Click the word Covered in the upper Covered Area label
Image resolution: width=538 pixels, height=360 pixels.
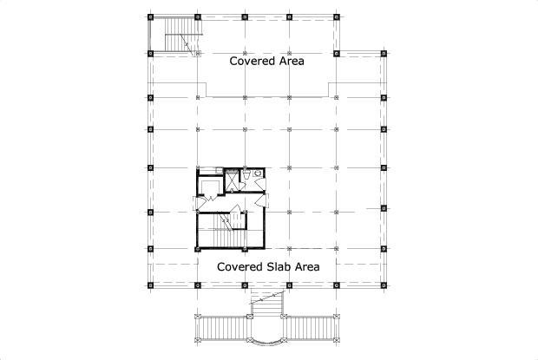(x=253, y=61)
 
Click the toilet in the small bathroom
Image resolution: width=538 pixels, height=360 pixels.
(x=246, y=174)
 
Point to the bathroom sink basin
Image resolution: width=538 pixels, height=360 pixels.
(x=257, y=173)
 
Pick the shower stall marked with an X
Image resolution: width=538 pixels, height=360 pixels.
(x=232, y=180)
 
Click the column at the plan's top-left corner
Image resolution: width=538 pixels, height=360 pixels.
(x=150, y=16)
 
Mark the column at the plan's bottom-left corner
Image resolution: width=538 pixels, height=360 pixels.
(x=150, y=285)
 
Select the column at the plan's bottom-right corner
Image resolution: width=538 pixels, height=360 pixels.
(x=384, y=285)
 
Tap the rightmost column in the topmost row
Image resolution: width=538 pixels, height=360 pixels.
(x=337, y=16)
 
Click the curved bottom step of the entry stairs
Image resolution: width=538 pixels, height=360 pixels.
(x=266, y=340)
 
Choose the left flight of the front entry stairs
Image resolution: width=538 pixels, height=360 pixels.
(x=223, y=329)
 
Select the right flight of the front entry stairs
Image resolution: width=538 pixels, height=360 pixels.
(x=310, y=329)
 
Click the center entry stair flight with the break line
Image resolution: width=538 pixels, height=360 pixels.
(x=267, y=302)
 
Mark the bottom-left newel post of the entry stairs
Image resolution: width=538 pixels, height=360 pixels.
(x=197, y=340)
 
